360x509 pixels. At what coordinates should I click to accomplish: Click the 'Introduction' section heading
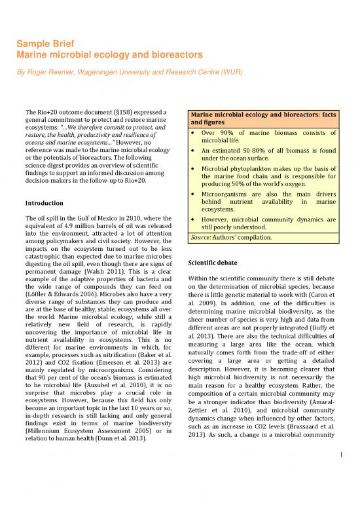click(45, 203)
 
